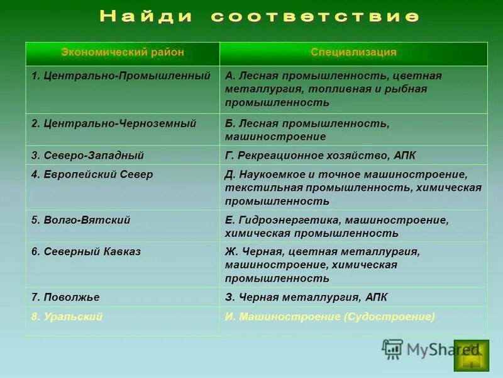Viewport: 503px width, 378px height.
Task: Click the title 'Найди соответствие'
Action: pyautogui.click(x=258, y=17)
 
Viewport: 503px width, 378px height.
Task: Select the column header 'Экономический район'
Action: pyautogui.click(x=123, y=52)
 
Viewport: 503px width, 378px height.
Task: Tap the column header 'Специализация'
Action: pyautogui.click(x=353, y=52)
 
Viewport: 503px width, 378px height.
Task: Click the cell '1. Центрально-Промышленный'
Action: pyautogui.click(x=121, y=76)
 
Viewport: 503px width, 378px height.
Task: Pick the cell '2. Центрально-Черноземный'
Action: pyautogui.click(x=114, y=123)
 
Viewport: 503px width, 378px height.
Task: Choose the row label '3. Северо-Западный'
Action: pyautogui.click(x=87, y=155)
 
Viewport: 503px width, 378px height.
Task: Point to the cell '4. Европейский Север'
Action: pyautogui.click(x=92, y=175)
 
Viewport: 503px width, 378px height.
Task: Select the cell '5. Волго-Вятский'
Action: pyautogui.click(x=80, y=220)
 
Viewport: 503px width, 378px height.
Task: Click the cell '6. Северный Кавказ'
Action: pyautogui.click(x=86, y=251)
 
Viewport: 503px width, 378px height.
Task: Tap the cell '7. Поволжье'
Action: pyautogui.click(x=65, y=297)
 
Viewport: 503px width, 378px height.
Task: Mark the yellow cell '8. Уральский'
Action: pyautogui.click(x=67, y=317)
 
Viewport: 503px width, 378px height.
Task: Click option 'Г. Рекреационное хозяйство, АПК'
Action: pyautogui.click(x=320, y=155)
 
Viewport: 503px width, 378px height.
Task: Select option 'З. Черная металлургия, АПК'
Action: pyautogui.click(x=306, y=297)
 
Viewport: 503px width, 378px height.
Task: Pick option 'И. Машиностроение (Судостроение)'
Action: pyautogui.click(x=329, y=317)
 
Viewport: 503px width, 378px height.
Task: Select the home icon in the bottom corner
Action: pyautogui.click(x=471, y=356)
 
